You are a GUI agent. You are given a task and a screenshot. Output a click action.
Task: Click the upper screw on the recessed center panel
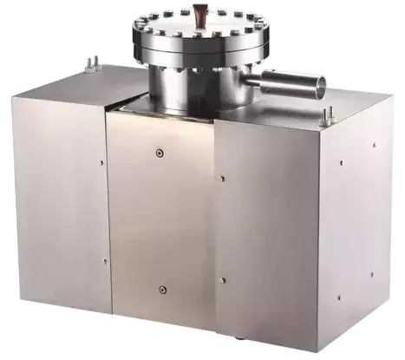point(160,154)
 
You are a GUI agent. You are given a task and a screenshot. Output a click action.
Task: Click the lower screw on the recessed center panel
point(160,290)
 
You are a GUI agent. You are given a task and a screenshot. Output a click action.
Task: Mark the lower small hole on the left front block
point(98,260)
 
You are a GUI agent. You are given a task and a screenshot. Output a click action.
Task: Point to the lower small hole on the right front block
point(223,279)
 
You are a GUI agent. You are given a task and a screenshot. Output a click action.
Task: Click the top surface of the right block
point(286,117)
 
